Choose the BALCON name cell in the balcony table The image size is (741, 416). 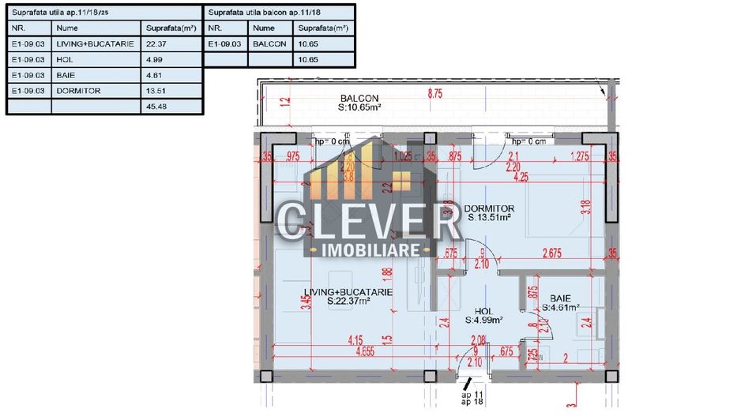click(x=270, y=44)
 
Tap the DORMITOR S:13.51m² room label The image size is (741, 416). click(x=489, y=212)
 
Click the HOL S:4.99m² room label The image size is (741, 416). click(x=479, y=316)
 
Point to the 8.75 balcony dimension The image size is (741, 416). click(x=435, y=93)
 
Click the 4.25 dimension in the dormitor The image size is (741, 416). click(x=520, y=178)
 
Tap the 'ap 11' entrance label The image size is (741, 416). click(x=472, y=392)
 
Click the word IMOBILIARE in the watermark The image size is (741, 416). click(x=369, y=249)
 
